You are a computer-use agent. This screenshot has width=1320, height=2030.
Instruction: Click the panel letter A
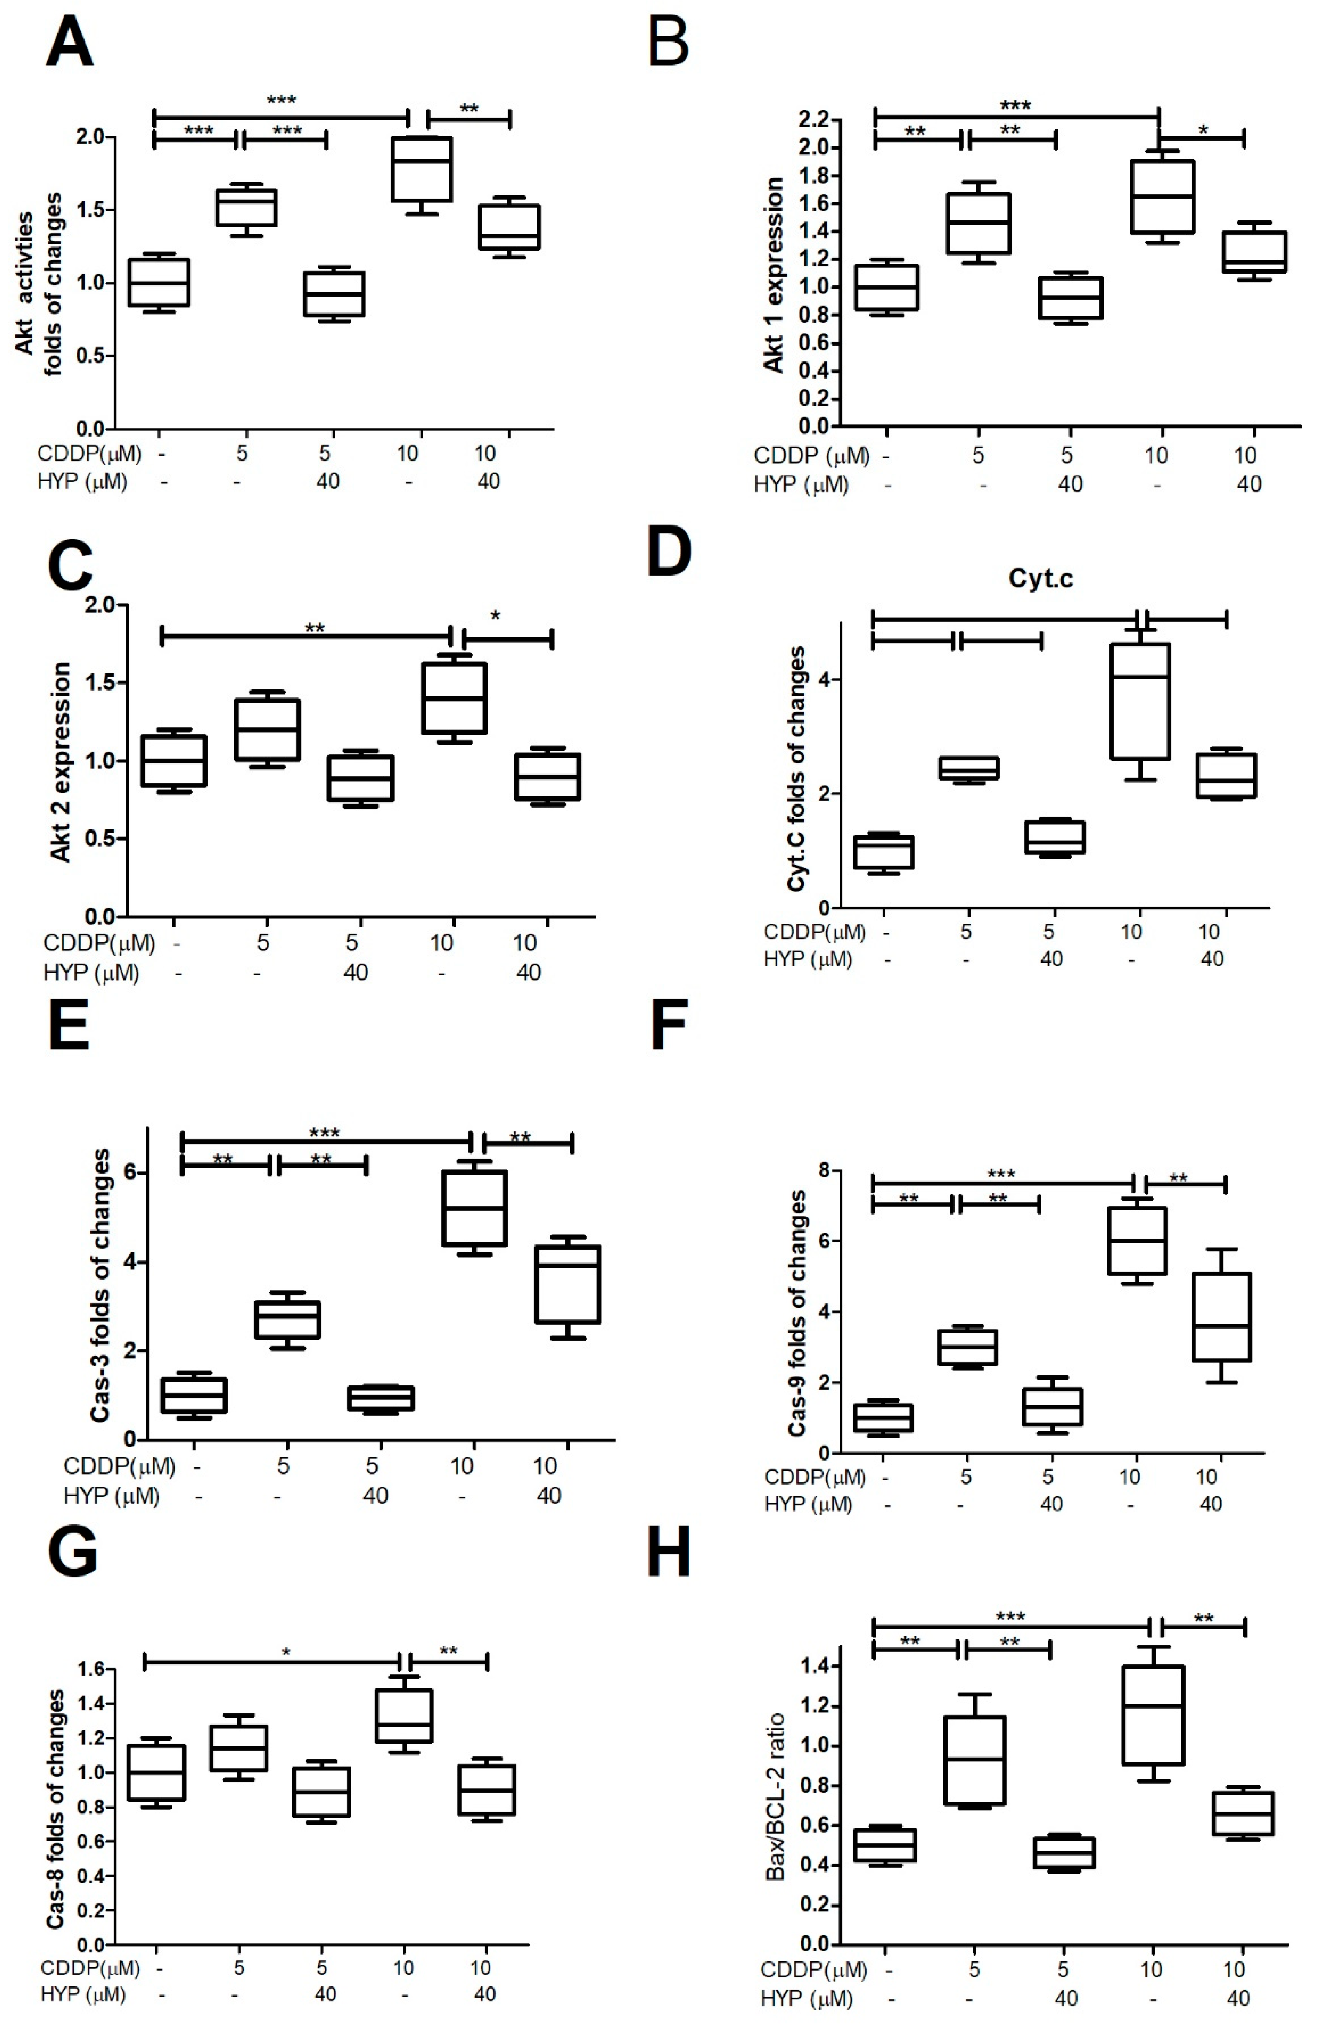point(70,43)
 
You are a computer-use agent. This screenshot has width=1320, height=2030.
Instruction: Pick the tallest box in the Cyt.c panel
point(1140,701)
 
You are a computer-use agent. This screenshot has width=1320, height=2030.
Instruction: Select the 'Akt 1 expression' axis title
point(773,275)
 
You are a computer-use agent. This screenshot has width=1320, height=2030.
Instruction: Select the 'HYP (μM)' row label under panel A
point(82,481)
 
